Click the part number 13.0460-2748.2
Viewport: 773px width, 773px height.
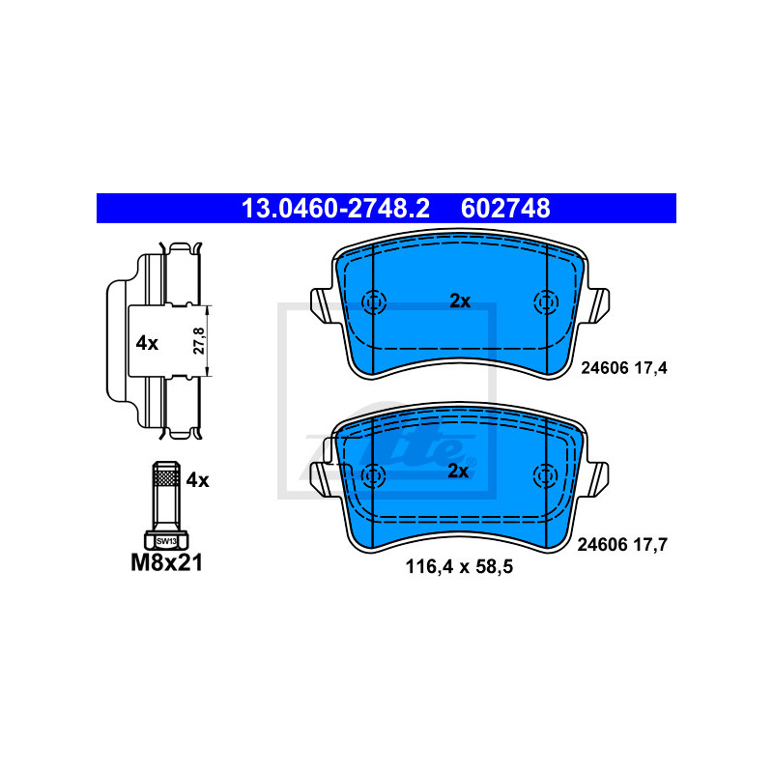click(335, 208)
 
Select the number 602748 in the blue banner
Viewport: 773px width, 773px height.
click(505, 208)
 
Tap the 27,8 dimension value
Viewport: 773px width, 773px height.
click(199, 341)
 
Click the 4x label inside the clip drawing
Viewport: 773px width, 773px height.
click(147, 343)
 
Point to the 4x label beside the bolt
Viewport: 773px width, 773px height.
click(197, 479)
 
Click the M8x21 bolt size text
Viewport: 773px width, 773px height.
click(166, 562)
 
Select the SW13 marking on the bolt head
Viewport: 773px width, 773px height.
click(166, 541)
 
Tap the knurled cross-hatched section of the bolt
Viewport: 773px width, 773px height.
click(166, 476)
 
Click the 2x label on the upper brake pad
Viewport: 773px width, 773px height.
click(460, 301)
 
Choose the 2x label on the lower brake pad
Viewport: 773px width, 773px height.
click(458, 472)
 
